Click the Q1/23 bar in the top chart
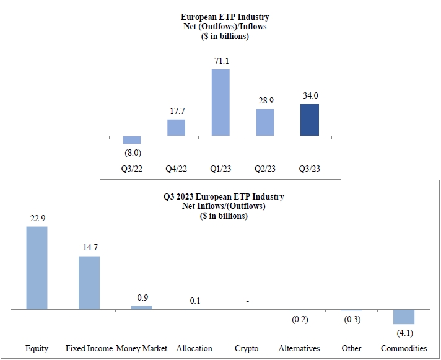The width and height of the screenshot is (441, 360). tap(220, 102)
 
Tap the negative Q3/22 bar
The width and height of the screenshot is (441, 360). tap(132, 139)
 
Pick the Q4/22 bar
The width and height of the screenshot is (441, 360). tap(177, 128)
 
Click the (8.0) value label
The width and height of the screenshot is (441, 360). tap(132, 151)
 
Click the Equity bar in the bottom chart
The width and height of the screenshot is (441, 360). tap(37, 268)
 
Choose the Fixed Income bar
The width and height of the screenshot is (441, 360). tap(89, 283)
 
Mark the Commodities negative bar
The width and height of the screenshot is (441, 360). tap(404, 317)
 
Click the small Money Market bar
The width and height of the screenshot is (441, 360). tap(141, 307)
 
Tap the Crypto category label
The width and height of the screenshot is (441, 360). tap(247, 348)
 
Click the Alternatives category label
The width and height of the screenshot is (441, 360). tap(300, 348)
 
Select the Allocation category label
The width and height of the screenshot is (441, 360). tap(194, 348)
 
